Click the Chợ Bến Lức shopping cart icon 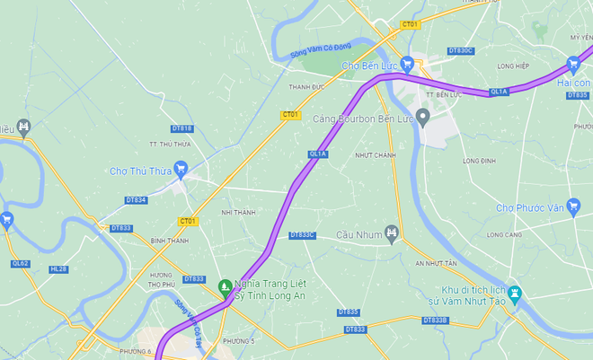click(407, 64)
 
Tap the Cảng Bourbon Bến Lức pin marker click(423, 119)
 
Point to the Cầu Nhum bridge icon click(391, 233)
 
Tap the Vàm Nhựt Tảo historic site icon click(514, 294)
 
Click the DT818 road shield click(182, 128)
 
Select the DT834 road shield click(136, 199)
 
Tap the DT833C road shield click(303, 235)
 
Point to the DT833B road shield click(434, 320)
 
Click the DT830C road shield click(460, 50)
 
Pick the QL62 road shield click(20, 264)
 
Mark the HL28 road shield click(58, 268)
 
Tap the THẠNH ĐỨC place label click(305, 87)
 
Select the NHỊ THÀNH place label click(238, 212)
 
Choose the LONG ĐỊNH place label click(479, 161)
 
